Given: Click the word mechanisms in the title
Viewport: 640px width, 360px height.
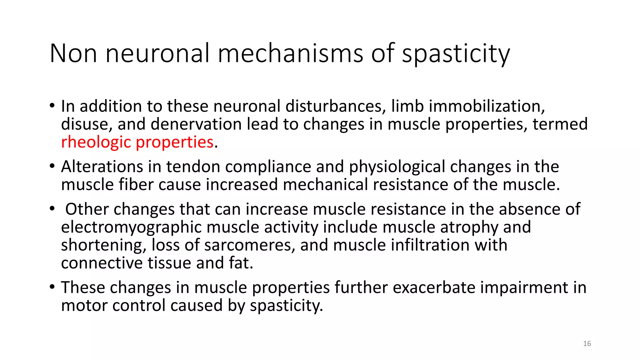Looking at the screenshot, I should (290, 54).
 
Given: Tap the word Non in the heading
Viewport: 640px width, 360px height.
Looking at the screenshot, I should (73, 54).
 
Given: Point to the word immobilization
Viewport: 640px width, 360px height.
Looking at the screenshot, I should (487, 106).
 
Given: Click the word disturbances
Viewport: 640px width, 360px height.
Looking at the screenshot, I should (334, 106).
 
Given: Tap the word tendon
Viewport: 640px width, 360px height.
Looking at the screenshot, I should (193, 167).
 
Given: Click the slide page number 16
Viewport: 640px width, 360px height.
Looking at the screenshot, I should (587, 344).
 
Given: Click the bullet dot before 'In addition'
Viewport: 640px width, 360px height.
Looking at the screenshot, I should (52, 105).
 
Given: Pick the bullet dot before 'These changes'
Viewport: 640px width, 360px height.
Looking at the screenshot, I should (52, 287).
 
